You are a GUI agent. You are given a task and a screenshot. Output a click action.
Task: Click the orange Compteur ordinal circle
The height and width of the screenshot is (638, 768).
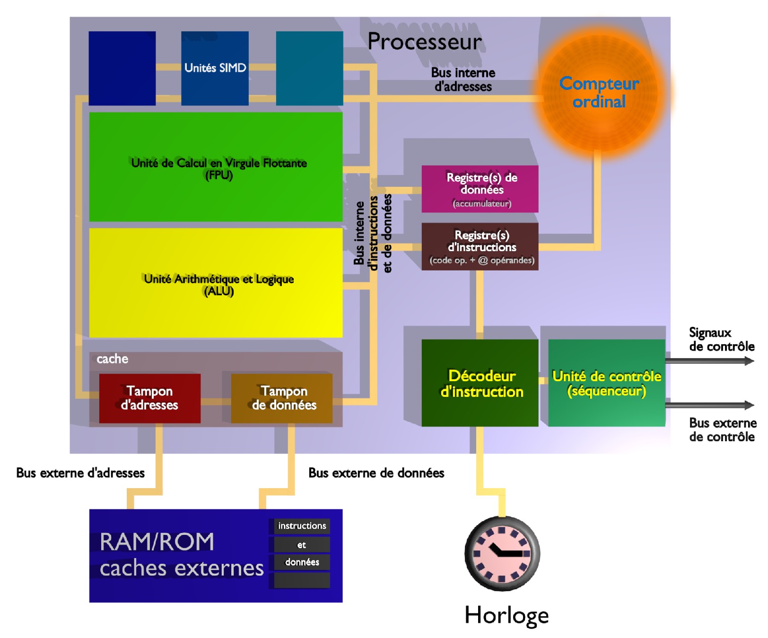[x=599, y=93]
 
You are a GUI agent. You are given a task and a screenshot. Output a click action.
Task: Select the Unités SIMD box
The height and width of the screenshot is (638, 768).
[x=215, y=68]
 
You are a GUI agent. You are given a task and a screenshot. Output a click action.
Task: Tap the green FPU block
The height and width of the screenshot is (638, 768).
[x=216, y=167]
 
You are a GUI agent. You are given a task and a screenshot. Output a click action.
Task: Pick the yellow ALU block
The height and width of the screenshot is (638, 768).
[x=216, y=283]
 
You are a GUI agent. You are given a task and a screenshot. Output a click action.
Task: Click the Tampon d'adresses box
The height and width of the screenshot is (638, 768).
[x=149, y=398]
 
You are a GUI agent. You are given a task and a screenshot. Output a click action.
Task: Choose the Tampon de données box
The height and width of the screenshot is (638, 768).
[x=282, y=398]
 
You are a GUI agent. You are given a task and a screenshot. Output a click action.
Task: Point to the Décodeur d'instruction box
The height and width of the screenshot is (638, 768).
[x=480, y=383]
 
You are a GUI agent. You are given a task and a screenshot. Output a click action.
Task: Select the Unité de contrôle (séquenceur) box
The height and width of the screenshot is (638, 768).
[x=607, y=383]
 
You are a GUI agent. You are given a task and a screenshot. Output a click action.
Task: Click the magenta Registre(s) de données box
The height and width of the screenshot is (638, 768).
[x=480, y=189]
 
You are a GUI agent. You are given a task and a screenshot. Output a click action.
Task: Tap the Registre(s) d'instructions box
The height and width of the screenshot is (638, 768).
[x=480, y=246]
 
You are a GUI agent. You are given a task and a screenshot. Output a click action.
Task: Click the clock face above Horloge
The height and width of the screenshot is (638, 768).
[x=502, y=553]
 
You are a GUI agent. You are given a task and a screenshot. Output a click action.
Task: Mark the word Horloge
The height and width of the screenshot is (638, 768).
[x=506, y=615]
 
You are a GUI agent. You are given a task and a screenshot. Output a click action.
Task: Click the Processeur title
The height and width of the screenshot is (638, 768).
[x=425, y=42]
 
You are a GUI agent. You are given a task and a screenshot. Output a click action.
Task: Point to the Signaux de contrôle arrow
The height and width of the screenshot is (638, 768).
[x=709, y=361]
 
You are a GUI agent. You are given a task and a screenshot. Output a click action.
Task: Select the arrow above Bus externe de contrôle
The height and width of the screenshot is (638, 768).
[x=709, y=405]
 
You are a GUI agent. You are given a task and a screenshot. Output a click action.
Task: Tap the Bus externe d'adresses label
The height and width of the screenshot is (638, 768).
[x=80, y=473]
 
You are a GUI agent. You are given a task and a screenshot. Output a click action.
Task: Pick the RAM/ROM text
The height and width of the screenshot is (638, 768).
[x=157, y=542]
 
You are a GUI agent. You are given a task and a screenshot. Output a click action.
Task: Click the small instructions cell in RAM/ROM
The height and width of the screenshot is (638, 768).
[x=302, y=526]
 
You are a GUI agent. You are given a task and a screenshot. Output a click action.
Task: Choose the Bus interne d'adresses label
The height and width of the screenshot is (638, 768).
[x=463, y=79]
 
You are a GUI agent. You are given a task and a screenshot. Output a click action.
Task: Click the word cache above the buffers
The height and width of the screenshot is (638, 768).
[x=112, y=359]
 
